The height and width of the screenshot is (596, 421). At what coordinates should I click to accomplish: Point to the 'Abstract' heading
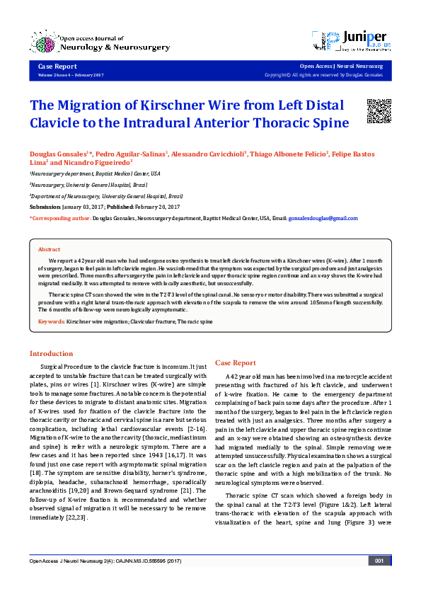point(49,249)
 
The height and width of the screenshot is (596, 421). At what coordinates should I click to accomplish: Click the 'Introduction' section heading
point(51,353)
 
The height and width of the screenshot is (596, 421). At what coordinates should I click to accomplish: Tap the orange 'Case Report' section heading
point(236,362)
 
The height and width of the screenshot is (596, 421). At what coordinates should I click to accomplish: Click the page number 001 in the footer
point(379,580)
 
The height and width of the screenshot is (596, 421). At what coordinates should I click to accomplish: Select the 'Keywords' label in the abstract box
point(51,322)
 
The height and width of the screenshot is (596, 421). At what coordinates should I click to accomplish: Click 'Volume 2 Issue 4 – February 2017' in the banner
point(70,74)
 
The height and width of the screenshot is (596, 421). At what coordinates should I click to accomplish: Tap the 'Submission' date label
point(45,207)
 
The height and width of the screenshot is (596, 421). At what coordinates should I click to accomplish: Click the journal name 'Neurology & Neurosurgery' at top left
point(117,47)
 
